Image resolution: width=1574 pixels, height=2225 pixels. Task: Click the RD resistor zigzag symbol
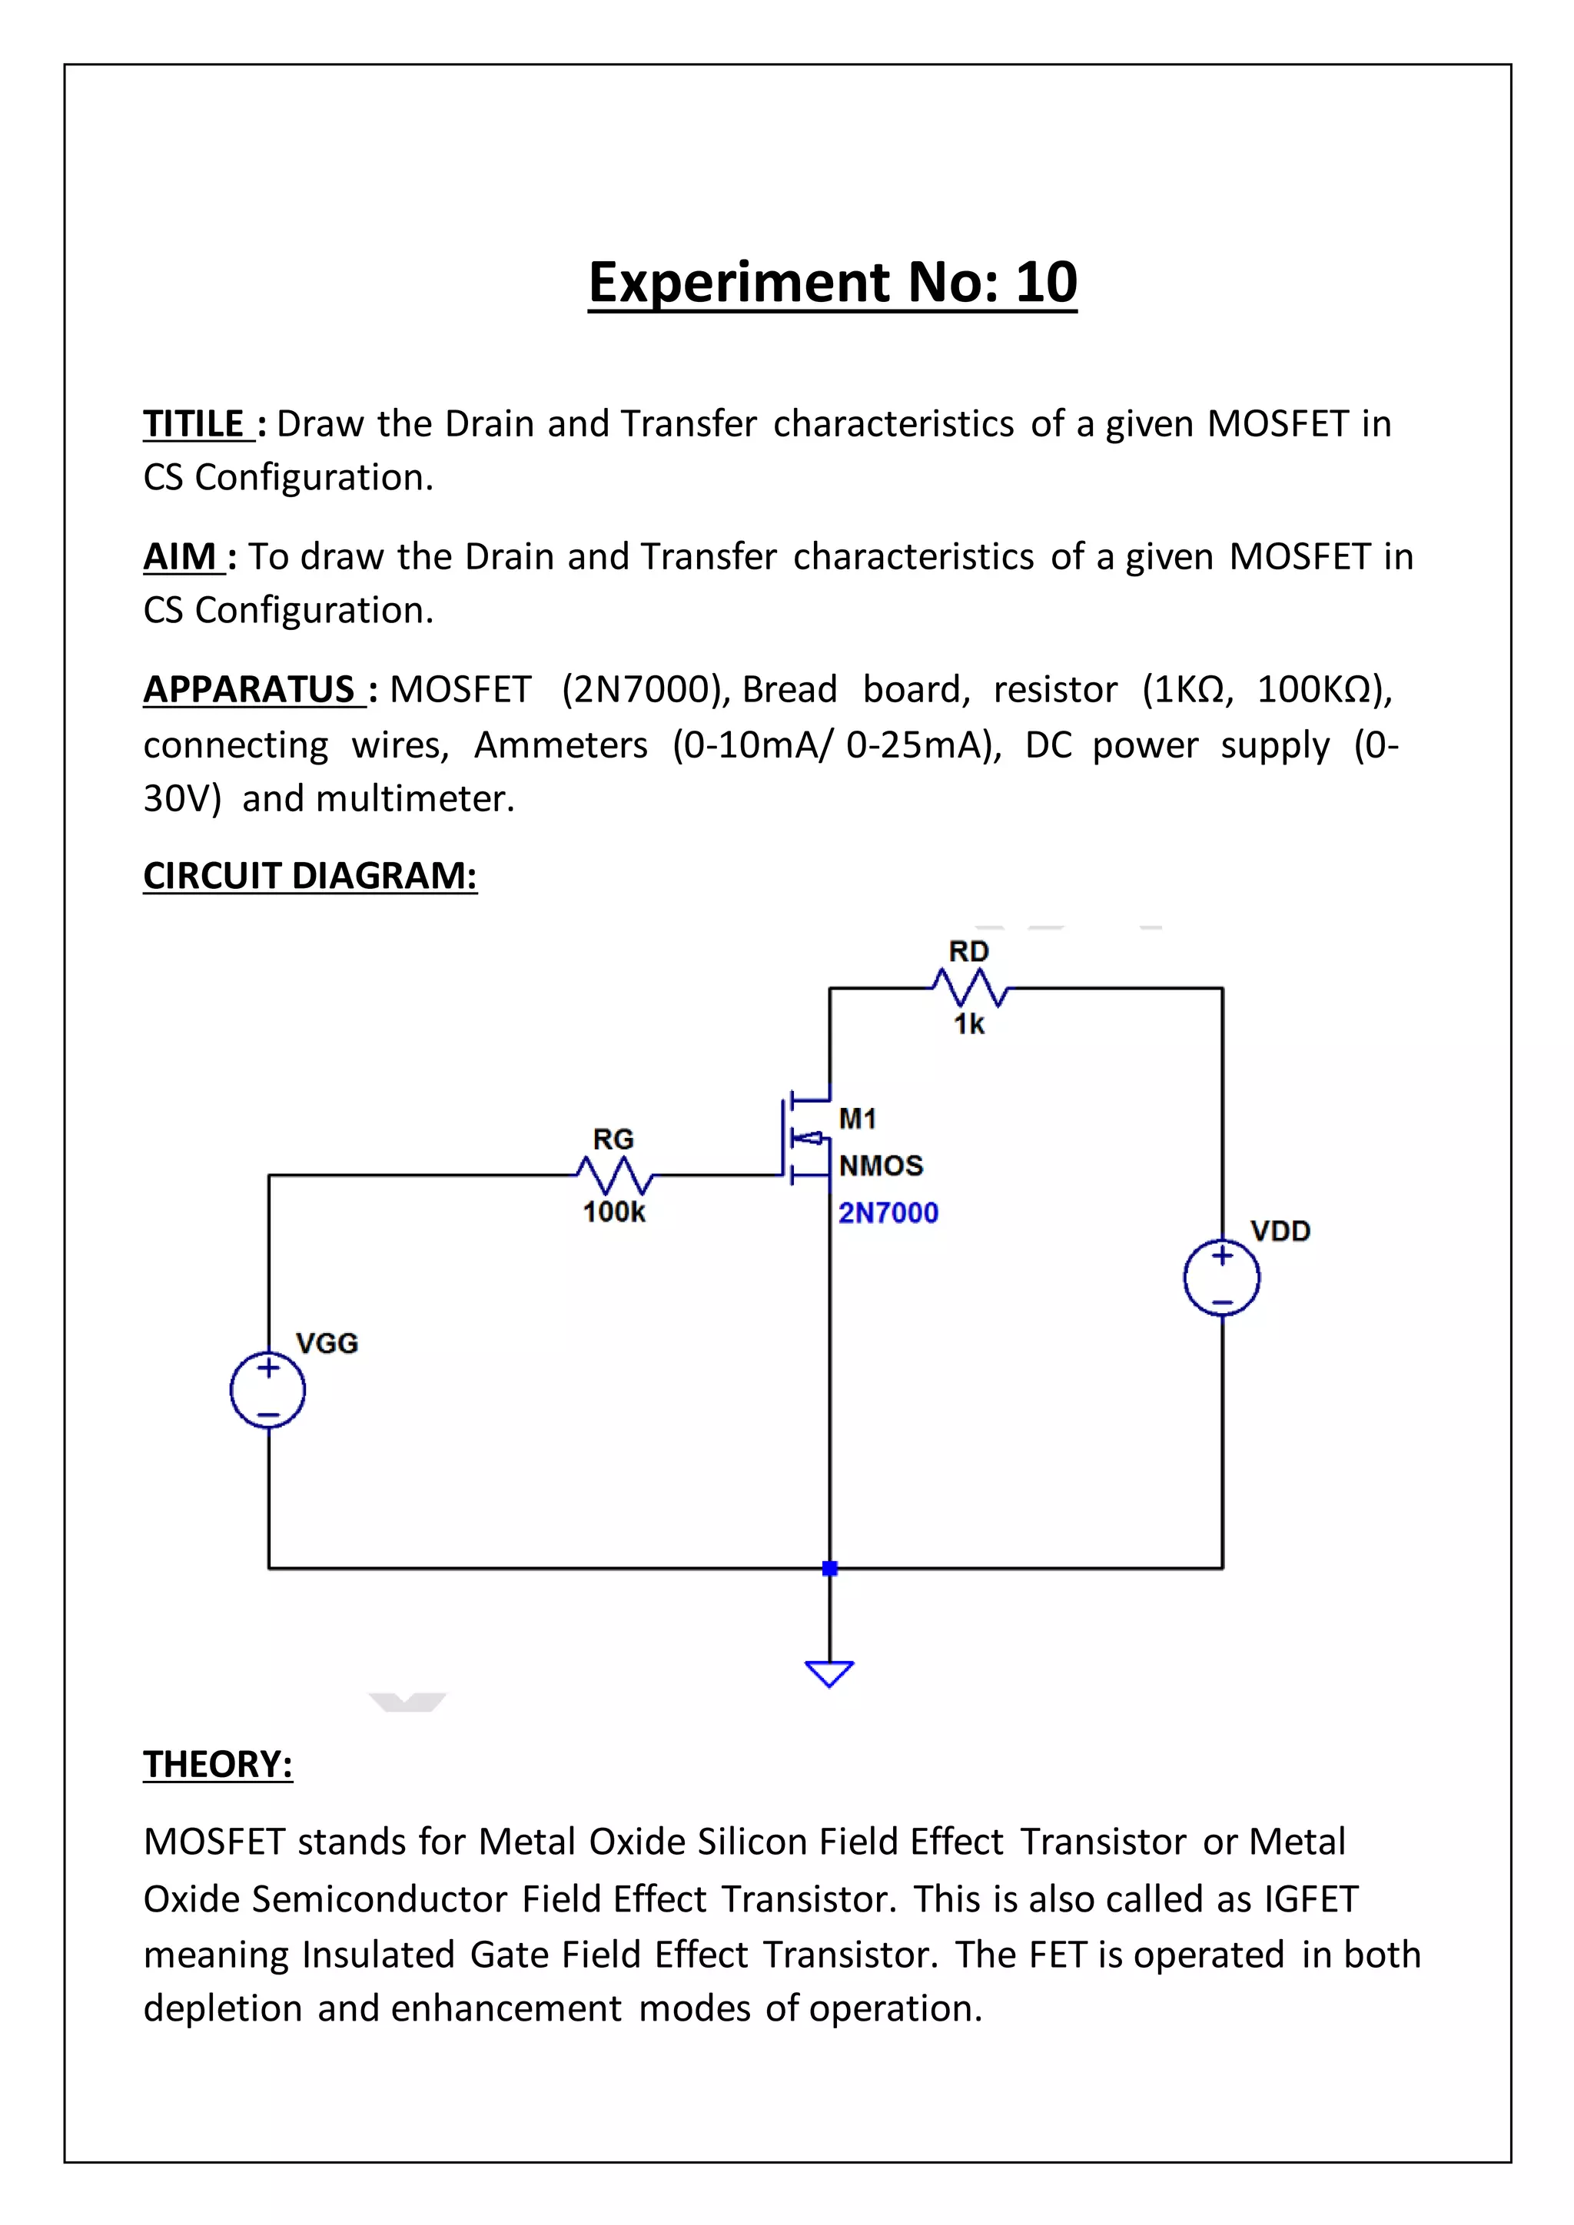970,989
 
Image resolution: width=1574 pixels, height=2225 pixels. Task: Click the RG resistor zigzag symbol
615,1176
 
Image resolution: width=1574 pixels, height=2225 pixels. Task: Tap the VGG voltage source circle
267,1390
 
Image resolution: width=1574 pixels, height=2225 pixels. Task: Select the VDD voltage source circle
1221,1277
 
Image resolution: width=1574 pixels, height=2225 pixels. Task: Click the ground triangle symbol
829,1673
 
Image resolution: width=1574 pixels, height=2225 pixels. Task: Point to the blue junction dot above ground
829,1568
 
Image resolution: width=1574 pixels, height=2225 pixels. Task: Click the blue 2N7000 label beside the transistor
888,1212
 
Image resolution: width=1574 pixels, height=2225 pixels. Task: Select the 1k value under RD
968,1024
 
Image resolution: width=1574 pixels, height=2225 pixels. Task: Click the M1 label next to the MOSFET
858,1119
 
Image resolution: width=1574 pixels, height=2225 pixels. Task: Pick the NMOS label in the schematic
881,1165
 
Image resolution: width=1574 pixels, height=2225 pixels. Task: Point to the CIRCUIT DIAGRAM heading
310,875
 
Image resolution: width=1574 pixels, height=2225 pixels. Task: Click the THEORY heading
218,1764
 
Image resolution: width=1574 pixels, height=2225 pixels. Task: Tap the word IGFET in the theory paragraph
1310,1898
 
